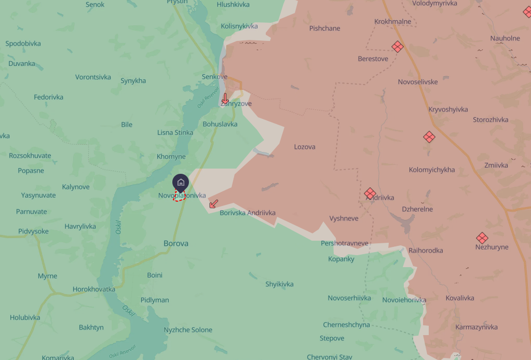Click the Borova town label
pos(175,243)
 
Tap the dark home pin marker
pos(181,183)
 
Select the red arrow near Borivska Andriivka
pos(213,204)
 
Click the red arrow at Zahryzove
pos(225,98)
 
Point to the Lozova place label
pos(305,147)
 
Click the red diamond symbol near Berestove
pos(398,47)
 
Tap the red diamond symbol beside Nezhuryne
pos(482,238)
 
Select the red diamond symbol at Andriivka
pos(370,193)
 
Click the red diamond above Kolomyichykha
pos(429,137)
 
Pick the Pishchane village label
pos(324,29)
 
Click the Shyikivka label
pos(279,284)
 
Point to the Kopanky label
pos(341,259)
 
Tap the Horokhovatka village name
pos(94,289)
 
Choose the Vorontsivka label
pos(93,77)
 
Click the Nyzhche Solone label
pos(188,330)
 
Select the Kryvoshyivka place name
pos(448,109)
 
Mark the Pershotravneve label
pos(345,243)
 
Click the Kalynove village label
pos(76,187)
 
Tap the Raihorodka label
pos(426,251)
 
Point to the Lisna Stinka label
pos(175,133)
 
